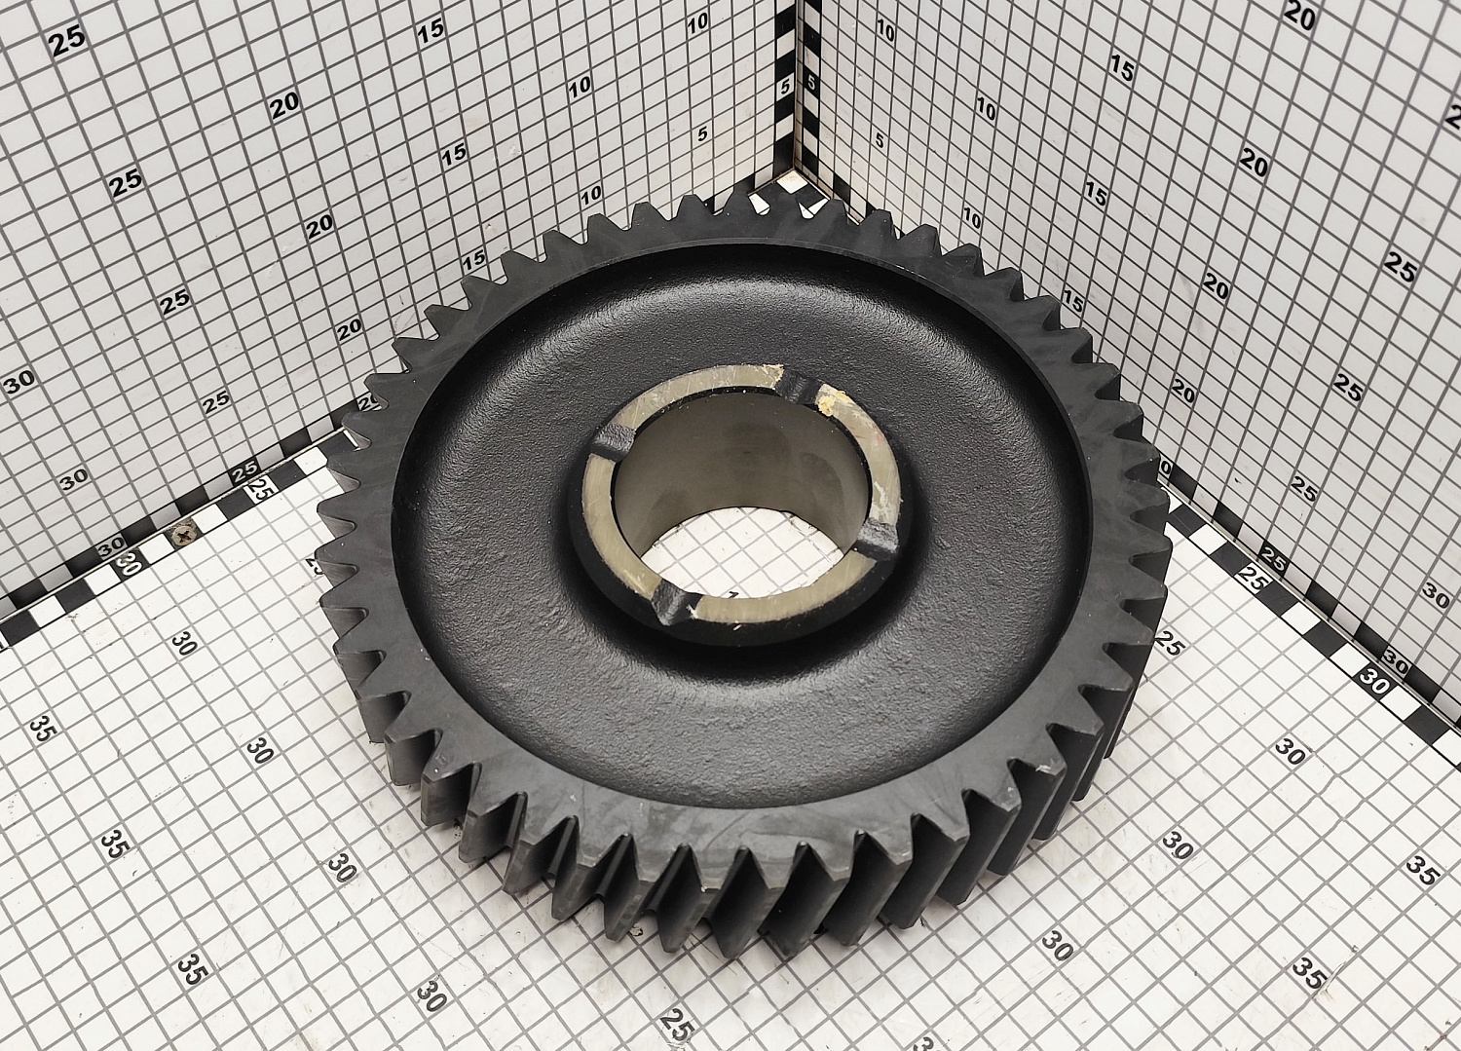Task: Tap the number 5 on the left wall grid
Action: [702, 133]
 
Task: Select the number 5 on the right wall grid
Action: [880, 139]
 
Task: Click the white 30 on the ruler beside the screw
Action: [129, 562]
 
